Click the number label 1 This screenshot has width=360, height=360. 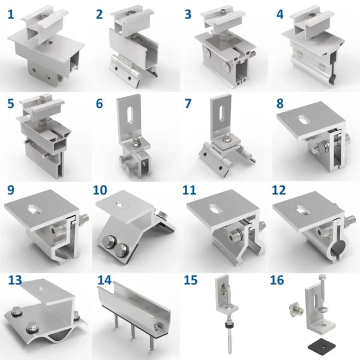click(11, 13)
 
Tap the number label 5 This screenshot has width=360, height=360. click(11, 103)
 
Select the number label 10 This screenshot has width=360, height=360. click(101, 192)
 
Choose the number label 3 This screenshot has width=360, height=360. click(188, 13)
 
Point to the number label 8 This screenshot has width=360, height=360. click(280, 103)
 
